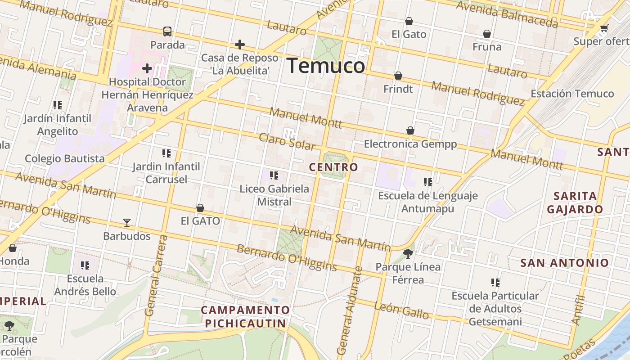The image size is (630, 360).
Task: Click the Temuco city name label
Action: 326,66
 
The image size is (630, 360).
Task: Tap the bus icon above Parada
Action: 167,31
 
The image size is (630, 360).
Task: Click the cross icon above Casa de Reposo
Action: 240,45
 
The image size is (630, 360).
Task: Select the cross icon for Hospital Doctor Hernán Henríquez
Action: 147,69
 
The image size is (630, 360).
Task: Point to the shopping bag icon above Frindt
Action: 398,76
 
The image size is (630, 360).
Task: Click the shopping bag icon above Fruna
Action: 487,34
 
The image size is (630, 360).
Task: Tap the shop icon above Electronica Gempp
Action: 410,130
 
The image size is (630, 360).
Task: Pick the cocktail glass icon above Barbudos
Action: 127,223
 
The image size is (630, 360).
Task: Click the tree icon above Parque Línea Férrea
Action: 408,254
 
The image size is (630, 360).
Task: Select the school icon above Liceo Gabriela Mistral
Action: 274,175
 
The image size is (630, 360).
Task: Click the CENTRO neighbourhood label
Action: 333,167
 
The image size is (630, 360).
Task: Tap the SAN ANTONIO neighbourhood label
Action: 565,263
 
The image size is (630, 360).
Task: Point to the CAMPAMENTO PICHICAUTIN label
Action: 245,316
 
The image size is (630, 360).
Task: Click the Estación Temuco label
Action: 572,94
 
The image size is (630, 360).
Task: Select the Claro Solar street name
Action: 287,142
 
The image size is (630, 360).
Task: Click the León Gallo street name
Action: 401,310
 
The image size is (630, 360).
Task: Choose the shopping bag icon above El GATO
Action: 200,208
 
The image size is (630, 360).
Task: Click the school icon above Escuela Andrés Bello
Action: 85,265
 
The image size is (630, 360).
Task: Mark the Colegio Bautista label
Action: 65,158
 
